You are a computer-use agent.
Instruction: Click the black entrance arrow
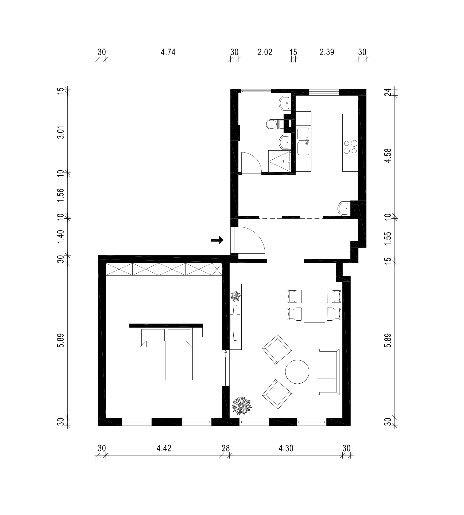[x=217, y=240]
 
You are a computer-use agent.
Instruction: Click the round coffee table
[x=297, y=372]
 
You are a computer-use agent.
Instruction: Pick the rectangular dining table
[x=314, y=305]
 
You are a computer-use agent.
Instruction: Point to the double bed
[x=166, y=352]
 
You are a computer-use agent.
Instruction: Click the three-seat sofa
[x=329, y=372]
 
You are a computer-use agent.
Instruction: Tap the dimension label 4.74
[x=168, y=52]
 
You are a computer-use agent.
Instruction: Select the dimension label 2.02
[x=265, y=52]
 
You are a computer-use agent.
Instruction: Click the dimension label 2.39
[x=327, y=52]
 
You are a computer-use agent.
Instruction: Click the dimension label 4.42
[x=164, y=448]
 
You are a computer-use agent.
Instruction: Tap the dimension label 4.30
[x=286, y=448]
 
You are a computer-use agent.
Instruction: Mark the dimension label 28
[x=226, y=448]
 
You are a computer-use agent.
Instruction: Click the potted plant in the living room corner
[x=241, y=406]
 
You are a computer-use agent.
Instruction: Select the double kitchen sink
[x=303, y=141]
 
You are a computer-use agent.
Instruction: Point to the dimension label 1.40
[x=61, y=237]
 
